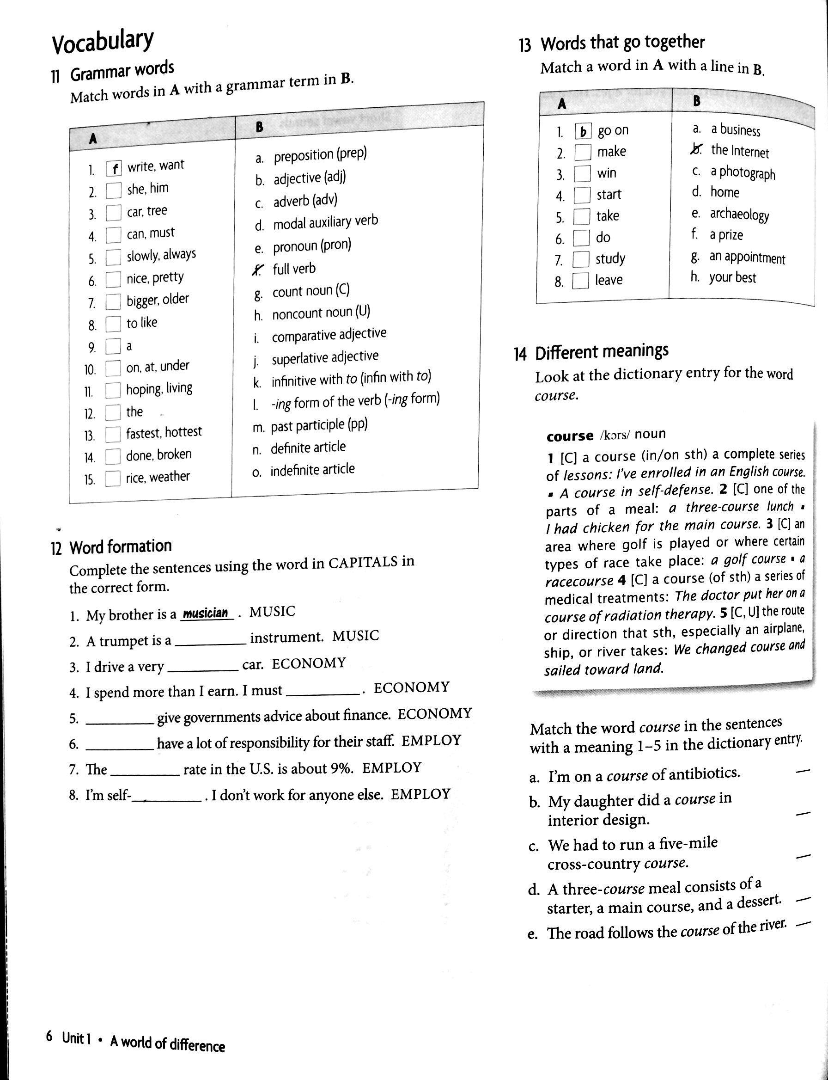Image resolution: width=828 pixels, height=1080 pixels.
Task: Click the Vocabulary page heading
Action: click(103, 42)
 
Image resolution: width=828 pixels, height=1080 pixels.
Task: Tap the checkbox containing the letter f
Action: click(114, 169)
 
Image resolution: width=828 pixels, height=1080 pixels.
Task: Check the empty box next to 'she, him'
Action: click(114, 191)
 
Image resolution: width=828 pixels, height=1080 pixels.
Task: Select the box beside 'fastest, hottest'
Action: click(113, 435)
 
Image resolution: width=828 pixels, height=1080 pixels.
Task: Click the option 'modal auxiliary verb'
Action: click(325, 222)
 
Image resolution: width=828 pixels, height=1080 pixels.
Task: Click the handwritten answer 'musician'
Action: click(206, 613)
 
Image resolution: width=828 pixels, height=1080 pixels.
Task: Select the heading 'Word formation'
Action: click(120, 546)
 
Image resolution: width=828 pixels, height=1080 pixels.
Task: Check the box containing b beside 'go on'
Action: click(583, 132)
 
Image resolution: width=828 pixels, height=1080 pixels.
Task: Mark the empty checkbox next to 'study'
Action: click(581, 259)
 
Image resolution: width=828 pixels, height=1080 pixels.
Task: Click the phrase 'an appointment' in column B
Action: click(747, 258)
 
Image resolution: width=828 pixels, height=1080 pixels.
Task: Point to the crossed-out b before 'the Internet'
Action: click(697, 148)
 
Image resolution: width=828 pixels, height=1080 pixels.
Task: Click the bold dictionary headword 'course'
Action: click(570, 436)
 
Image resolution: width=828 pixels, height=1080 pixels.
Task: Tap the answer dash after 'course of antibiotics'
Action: click(803, 770)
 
